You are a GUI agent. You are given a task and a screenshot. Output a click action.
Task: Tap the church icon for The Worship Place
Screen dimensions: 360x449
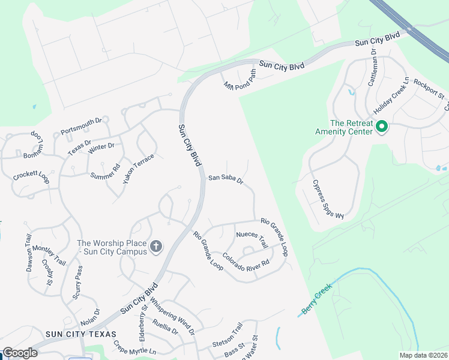click(x=155, y=246)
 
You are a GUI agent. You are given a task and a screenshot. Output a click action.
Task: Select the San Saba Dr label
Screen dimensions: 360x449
click(x=225, y=178)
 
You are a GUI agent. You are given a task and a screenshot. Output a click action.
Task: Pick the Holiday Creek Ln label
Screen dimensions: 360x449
click(x=391, y=96)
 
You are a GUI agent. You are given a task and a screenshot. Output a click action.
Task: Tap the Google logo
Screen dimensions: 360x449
click(x=20, y=353)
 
